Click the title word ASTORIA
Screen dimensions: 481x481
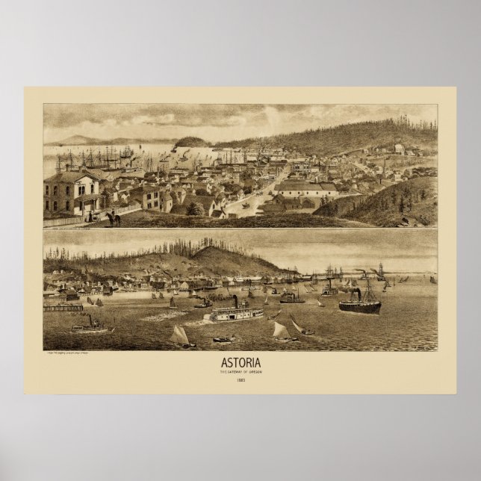click(240, 364)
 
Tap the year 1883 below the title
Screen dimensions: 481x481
click(240, 380)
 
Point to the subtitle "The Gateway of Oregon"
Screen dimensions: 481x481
click(240, 372)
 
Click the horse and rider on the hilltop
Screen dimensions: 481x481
click(114, 219)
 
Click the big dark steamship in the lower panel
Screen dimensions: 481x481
click(359, 304)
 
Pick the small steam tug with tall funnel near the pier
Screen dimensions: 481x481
click(91, 325)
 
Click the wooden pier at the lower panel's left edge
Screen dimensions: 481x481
click(62, 307)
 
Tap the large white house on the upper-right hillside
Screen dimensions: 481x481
click(399, 149)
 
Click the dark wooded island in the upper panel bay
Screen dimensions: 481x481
click(192, 141)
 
